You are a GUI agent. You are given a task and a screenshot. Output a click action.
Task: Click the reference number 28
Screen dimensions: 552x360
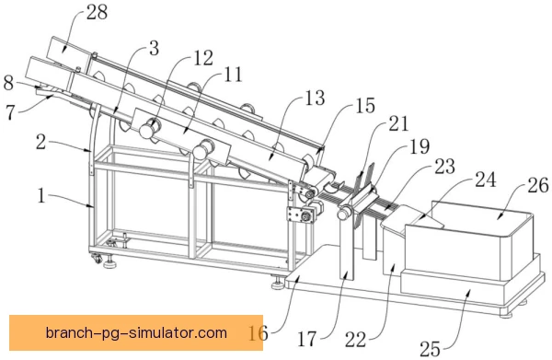tap(97, 12)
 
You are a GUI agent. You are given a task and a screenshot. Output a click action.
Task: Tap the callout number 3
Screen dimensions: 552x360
tap(154, 48)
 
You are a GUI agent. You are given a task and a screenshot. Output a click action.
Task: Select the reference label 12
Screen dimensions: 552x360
tap(203, 58)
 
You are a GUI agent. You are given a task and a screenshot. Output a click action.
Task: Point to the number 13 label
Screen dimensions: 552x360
tap(315, 98)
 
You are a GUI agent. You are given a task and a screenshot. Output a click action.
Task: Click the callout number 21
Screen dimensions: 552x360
tap(398, 123)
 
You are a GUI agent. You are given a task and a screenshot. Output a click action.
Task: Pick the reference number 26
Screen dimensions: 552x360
tap(537, 185)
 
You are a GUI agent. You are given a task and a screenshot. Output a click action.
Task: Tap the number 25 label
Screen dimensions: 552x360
tap(430, 349)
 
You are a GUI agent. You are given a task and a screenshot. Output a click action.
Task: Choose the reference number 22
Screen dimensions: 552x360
tap(355, 340)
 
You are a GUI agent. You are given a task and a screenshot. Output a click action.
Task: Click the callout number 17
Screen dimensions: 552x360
tap(306, 339)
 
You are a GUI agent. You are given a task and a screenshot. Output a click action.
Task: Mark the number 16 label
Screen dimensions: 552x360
tap(258, 332)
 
